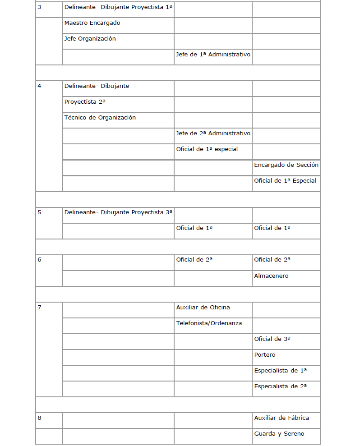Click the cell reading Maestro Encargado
[92, 23]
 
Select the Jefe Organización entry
[90, 39]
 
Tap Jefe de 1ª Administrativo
[213, 55]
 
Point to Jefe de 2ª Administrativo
[213, 133]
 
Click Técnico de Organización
[100, 118]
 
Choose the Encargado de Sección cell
[286, 165]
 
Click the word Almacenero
[271, 276]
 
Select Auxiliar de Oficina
[203, 308]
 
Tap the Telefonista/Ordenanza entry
[209, 323]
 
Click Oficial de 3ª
[272, 339]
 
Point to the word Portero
[264, 355]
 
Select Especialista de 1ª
[280, 371]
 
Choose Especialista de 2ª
[280, 386]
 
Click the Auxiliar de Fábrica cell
[282, 418]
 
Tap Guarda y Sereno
[279, 434]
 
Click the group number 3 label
[39, 7]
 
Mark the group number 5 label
[39, 212]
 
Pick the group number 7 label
[39, 308]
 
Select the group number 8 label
[39, 418]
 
